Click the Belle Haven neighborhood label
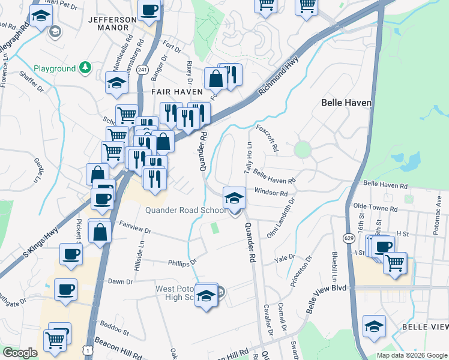346,103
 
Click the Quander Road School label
186,210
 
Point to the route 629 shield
348,221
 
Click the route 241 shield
142,70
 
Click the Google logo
20,353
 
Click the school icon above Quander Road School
234,197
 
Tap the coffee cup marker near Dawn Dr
65,290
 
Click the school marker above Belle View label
374,326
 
